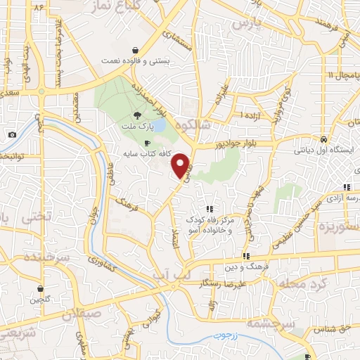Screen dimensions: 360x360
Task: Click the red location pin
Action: click(x=181, y=165)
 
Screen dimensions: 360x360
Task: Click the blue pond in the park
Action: click(x=158, y=125)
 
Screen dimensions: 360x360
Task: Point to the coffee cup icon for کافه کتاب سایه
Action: click(x=147, y=143)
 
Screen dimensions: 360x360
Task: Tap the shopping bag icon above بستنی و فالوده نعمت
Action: click(x=134, y=50)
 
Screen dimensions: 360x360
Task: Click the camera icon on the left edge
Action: click(x=12, y=134)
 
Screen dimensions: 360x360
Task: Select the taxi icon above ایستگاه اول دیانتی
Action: click(x=322, y=139)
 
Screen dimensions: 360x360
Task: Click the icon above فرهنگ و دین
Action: click(x=246, y=256)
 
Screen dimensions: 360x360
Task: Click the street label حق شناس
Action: click(x=330, y=328)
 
